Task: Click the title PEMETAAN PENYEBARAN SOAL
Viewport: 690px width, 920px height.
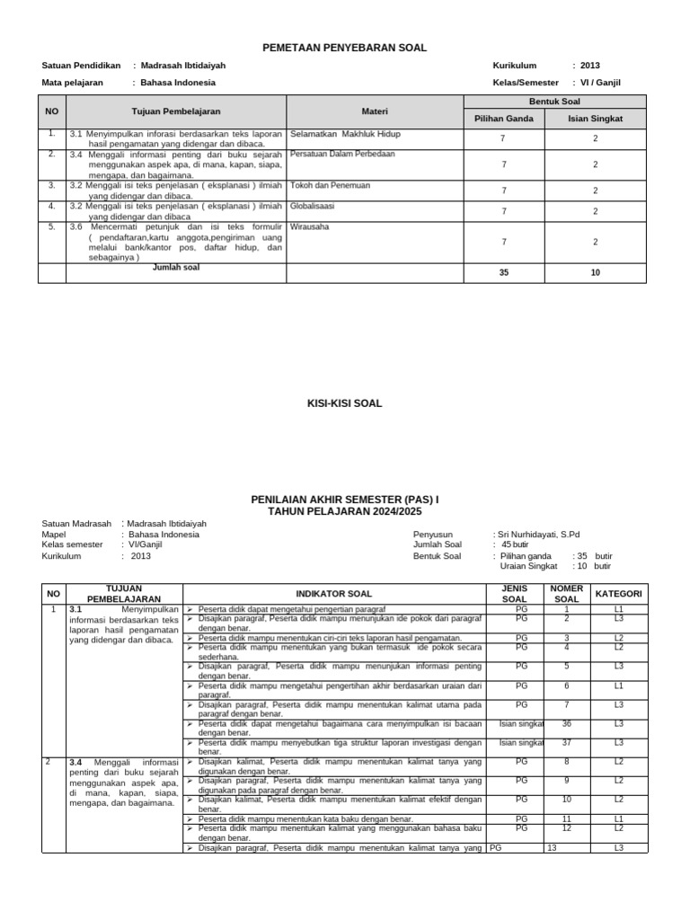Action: pos(344,48)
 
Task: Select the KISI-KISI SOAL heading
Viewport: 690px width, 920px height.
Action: pos(344,403)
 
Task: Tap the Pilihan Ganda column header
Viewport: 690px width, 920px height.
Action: pos(504,119)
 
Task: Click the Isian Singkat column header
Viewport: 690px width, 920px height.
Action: pos(595,119)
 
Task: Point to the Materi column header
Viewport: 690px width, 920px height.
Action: pos(375,111)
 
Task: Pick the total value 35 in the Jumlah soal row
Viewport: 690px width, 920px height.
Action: pos(504,272)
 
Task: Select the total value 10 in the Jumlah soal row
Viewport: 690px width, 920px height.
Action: pos(595,272)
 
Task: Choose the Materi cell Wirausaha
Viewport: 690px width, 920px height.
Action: pos(310,226)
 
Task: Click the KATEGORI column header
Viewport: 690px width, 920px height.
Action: pos(619,594)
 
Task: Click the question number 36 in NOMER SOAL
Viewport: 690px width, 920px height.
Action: pos(566,722)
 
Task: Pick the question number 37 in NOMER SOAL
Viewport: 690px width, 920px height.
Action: pos(566,742)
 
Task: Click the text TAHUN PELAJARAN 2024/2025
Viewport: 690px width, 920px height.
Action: pos(344,510)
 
